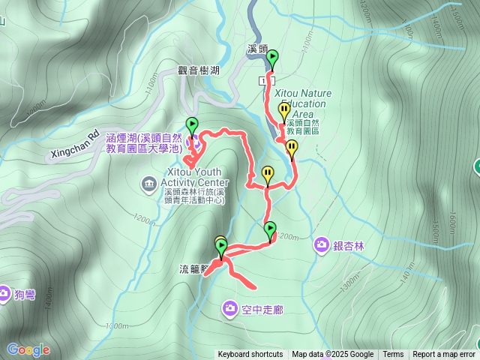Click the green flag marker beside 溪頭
(272, 58)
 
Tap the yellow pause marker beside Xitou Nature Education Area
(284, 111)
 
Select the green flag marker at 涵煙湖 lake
(192, 126)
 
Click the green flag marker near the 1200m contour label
(270, 229)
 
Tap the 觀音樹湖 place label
(198, 70)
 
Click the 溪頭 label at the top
(257, 49)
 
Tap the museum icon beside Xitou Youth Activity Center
(148, 183)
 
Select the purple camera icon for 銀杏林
(321, 244)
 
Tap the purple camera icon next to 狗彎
(4, 292)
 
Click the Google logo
(28, 349)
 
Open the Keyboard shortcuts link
(250, 355)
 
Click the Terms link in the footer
(393, 355)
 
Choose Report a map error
(444, 355)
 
